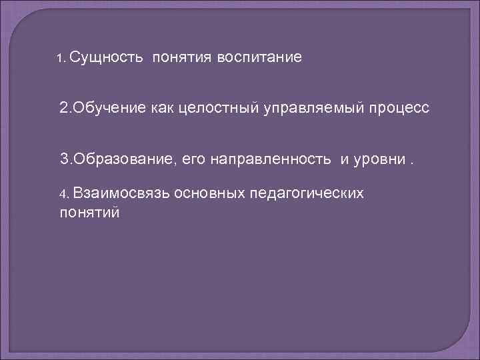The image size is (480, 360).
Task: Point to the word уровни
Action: pyautogui.click(x=379, y=159)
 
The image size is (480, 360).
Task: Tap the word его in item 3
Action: pyautogui.click(x=194, y=159)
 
